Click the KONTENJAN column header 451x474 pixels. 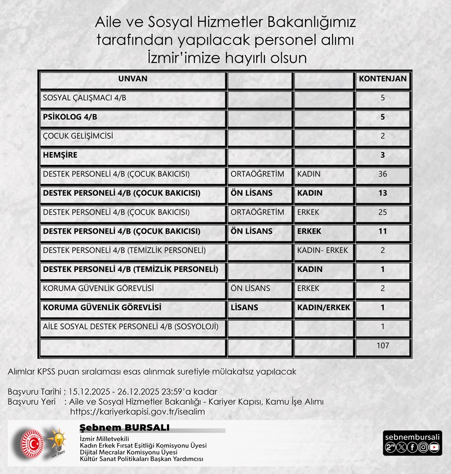point(382,79)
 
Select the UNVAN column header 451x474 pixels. point(133,79)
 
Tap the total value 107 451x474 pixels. point(382,346)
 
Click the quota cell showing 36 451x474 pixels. point(382,174)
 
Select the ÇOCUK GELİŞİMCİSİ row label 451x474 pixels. point(78,136)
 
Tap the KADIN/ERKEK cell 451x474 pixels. point(324,307)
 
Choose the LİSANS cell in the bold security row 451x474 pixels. point(245,307)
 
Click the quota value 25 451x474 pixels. point(382,212)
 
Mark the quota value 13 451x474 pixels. point(382,193)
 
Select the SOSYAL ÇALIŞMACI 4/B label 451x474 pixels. point(85,98)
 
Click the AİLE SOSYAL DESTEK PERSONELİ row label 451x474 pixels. point(130,327)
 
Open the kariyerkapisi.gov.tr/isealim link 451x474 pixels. point(137,412)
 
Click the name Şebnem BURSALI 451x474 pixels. point(125,428)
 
